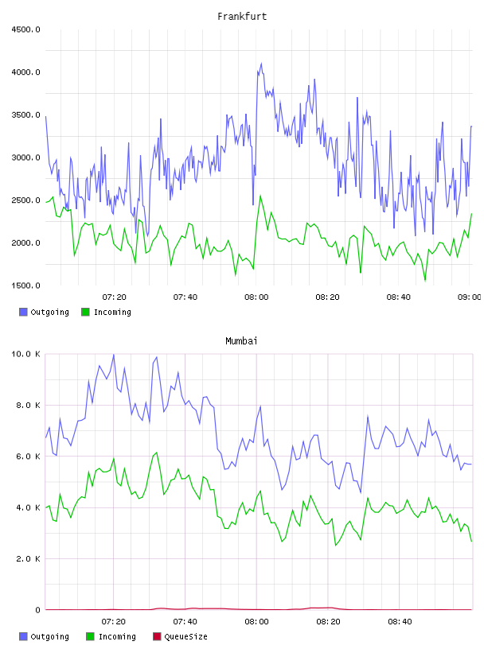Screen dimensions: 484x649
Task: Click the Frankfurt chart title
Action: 242,17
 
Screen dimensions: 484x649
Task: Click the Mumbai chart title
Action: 241,341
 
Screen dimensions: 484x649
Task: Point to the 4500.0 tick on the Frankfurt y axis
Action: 25,29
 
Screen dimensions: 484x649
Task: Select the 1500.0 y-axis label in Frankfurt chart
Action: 25,286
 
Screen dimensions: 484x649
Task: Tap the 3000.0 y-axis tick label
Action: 25,157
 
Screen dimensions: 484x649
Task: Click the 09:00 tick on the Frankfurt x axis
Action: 470,297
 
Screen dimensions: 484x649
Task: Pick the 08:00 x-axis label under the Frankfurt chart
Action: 256,297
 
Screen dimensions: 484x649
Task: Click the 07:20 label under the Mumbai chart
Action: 114,622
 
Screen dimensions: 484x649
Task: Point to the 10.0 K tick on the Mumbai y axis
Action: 25,354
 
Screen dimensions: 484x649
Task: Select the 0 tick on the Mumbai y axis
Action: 37,610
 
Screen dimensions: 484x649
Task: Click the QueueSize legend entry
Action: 180,636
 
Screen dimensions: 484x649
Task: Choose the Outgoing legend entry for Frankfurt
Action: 44,312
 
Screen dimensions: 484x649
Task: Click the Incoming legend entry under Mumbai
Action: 111,636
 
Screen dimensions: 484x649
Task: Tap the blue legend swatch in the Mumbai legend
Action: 23,636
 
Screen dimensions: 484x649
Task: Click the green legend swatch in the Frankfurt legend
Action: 85,312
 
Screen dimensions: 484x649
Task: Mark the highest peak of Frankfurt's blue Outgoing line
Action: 261,64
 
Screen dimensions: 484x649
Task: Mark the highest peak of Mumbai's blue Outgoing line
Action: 114,355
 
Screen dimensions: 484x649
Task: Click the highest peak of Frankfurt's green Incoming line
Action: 260,196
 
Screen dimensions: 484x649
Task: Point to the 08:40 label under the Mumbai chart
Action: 400,622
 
